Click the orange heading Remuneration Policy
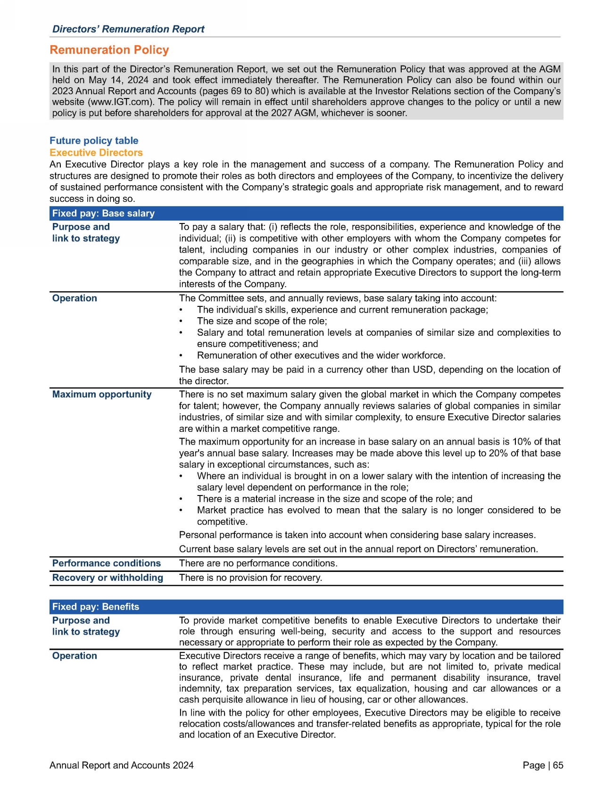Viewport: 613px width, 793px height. point(109,50)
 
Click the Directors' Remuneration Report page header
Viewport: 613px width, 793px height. point(128,29)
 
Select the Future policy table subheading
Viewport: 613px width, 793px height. point(94,140)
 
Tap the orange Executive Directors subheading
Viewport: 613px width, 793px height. point(96,153)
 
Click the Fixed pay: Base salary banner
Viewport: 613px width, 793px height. point(103,214)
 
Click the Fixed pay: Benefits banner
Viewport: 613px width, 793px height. point(96,607)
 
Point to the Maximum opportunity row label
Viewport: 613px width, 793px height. point(102,395)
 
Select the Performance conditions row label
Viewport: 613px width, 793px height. point(107,563)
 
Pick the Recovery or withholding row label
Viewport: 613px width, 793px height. point(108,578)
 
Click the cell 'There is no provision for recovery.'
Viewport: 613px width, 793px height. point(250,578)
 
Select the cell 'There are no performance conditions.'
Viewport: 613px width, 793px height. point(258,563)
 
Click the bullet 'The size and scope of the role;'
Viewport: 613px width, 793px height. point(262,322)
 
